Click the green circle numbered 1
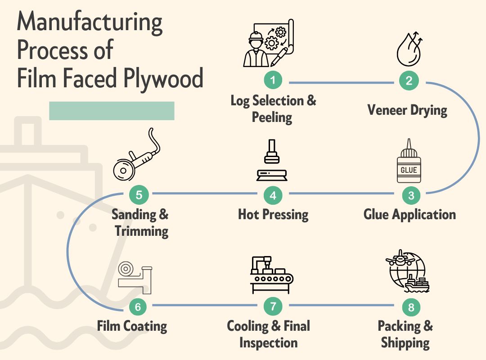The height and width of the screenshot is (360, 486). pyautogui.click(x=273, y=81)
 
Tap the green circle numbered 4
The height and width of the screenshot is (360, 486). pyautogui.click(x=273, y=195)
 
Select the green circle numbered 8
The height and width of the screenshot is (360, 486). pyautogui.click(x=411, y=307)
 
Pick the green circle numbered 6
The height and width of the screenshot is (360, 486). pyautogui.click(x=138, y=307)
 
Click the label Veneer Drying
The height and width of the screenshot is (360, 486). pyautogui.click(x=407, y=110)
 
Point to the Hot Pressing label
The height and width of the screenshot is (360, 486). pyautogui.click(x=273, y=214)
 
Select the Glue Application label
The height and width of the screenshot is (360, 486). pyautogui.click(x=409, y=214)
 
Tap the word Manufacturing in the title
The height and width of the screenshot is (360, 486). pyautogui.click(x=90, y=22)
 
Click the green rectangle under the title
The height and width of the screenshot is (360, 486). pyautogui.click(x=112, y=111)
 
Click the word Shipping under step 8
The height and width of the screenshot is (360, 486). pyautogui.click(x=405, y=343)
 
